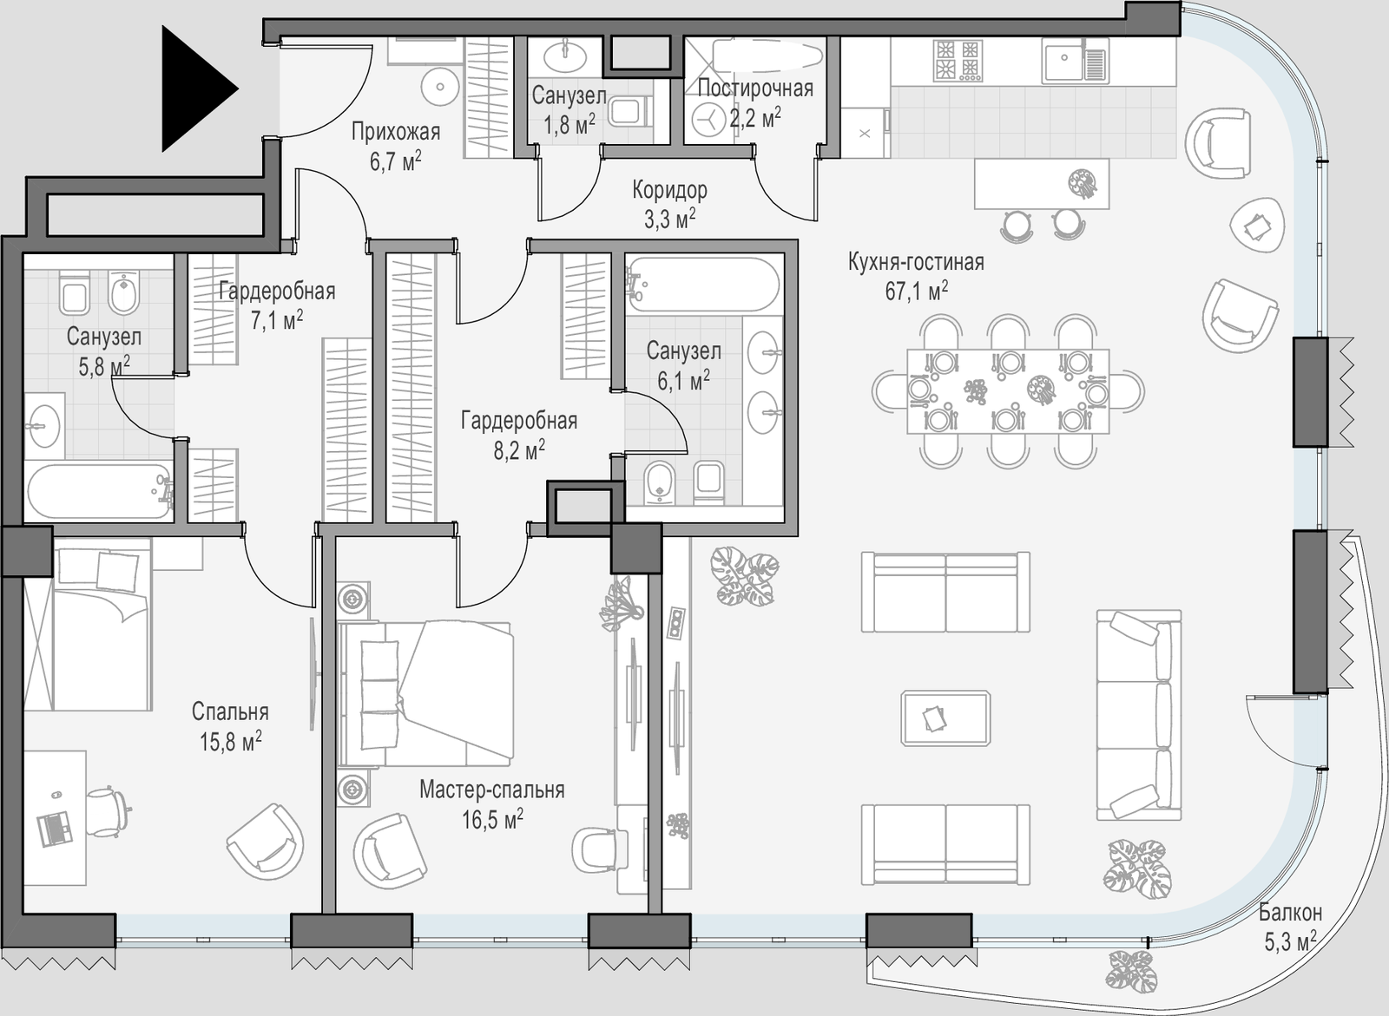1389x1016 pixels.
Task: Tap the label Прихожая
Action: tap(396, 131)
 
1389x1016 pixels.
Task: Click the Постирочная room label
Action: tap(755, 88)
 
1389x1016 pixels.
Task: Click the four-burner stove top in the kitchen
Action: tap(958, 60)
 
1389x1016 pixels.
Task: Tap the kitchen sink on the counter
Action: tap(1075, 60)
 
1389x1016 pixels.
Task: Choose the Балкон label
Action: tap(1290, 913)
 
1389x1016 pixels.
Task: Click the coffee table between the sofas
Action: tap(945, 718)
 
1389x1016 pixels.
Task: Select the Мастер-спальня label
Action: tap(491, 790)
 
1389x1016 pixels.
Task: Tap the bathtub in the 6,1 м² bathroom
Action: tap(703, 284)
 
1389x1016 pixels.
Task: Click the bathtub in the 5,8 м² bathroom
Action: tap(99, 492)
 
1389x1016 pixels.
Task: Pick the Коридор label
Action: tap(669, 190)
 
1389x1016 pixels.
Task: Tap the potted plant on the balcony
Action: tap(1131, 980)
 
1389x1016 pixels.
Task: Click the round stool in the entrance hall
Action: tap(440, 86)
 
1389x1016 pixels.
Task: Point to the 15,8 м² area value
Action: tap(230, 741)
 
